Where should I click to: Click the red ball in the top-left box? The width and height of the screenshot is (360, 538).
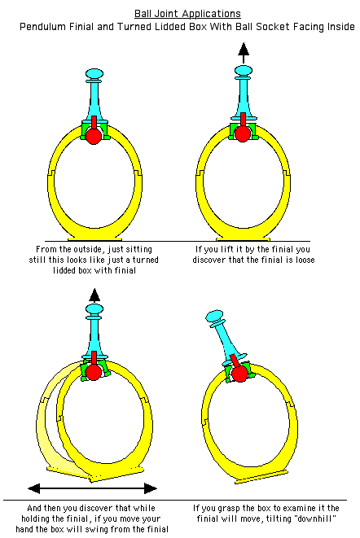(94, 136)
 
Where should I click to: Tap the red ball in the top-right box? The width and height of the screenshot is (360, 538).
(243, 133)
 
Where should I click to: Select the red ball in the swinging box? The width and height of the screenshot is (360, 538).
(93, 372)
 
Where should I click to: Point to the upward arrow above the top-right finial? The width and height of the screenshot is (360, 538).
(244, 53)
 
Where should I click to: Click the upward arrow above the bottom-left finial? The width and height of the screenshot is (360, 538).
(94, 295)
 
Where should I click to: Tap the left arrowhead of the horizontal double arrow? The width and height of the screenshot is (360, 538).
(34, 488)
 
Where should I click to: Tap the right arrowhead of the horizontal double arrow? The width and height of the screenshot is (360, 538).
(151, 488)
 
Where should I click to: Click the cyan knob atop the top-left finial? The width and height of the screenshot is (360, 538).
(94, 73)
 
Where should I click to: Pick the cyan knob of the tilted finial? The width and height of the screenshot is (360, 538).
(215, 316)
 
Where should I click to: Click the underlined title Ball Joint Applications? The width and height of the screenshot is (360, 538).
(187, 14)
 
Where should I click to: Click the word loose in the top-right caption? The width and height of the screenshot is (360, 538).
(305, 260)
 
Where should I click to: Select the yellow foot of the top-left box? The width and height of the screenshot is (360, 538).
(94, 238)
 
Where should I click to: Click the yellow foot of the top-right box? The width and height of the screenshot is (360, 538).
(244, 238)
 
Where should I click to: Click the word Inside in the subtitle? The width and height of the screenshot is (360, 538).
(340, 27)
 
